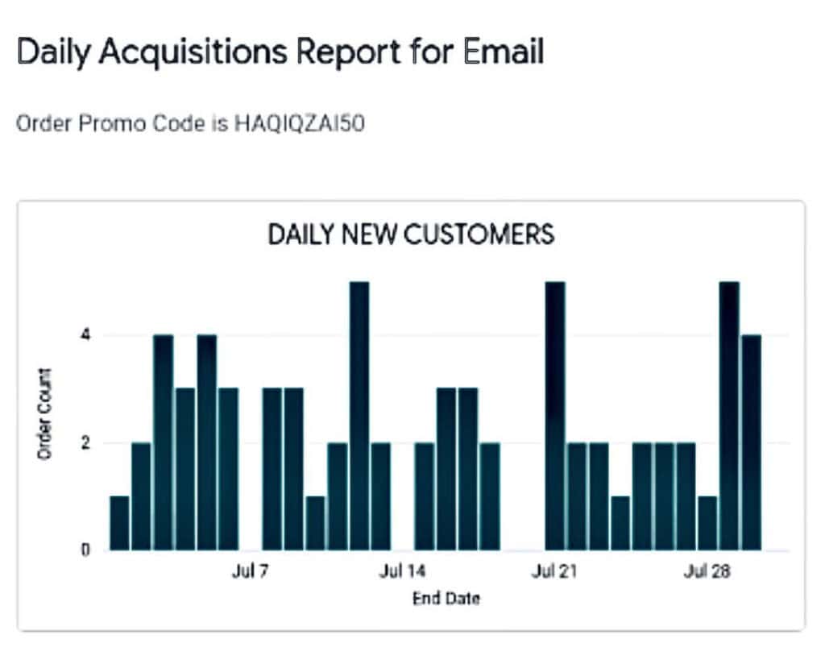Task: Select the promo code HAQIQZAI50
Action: (x=300, y=125)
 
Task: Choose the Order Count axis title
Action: (x=45, y=414)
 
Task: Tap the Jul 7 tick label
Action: (x=251, y=572)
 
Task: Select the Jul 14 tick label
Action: (x=402, y=572)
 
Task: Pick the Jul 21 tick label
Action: (x=554, y=572)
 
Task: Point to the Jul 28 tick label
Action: (x=707, y=572)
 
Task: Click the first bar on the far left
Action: (x=119, y=523)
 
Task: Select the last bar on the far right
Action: (x=750, y=442)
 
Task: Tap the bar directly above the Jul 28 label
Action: (x=707, y=523)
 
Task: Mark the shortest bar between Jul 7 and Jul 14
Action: (x=316, y=523)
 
